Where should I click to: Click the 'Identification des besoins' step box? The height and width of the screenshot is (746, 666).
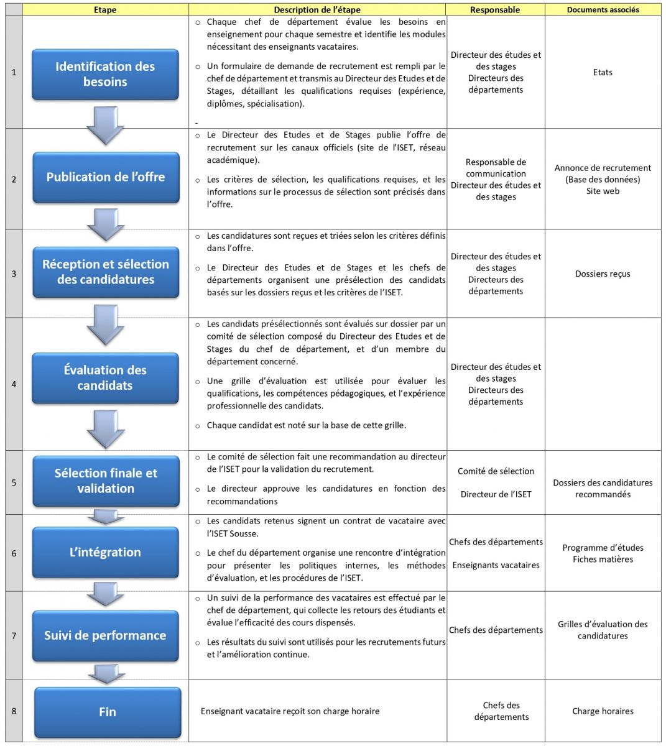point(105,74)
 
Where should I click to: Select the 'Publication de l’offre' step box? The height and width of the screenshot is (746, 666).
point(106,177)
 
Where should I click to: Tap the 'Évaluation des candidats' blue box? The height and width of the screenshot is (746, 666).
point(105,378)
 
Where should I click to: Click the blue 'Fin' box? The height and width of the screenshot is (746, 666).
point(108,712)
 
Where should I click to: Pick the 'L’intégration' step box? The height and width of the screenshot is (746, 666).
point(105,552)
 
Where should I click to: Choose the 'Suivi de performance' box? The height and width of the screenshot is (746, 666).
point(105,635)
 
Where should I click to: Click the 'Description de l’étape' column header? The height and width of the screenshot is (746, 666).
point(317,10)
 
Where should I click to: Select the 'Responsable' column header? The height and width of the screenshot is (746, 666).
point(495,10)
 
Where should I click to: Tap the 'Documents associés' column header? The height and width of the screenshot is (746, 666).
point(603,10)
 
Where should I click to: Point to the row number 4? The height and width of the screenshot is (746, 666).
point(14,384)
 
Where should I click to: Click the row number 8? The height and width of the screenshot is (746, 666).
point(14,711)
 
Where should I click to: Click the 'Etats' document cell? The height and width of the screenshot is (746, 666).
point(603,73)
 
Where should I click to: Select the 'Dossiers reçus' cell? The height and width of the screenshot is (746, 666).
point(603,274)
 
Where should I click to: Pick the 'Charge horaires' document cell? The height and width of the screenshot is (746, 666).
point(603,711)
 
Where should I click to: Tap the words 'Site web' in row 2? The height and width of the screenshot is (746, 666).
point(603,191)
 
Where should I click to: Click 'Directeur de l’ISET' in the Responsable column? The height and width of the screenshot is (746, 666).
point(496,495)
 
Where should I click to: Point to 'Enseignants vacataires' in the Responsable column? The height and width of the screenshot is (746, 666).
point(496,565)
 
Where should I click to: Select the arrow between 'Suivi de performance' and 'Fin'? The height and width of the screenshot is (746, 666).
point(105,673)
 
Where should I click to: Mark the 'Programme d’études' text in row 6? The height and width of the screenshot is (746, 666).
point(603,548)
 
